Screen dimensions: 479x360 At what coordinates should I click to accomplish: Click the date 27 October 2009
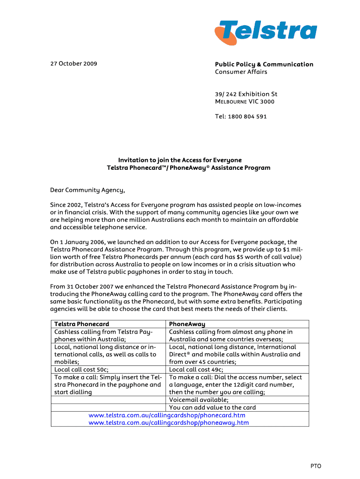click(x=73, y=64)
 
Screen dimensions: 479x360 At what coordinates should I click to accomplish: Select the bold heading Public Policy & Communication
click(x=264, y=64)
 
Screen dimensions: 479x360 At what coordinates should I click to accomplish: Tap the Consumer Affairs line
click(x=241, y=72)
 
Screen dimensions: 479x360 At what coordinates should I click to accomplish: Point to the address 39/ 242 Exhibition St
click(x=246, y=94)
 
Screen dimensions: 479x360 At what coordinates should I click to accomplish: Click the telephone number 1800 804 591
click(x=248, y=116)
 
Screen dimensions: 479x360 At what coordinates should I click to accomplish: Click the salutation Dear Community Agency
click(x=87, y=190)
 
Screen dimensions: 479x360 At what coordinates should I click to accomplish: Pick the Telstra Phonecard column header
click(x=82, y=324)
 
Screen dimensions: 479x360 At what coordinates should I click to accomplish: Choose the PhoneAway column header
click(x=187, y=324)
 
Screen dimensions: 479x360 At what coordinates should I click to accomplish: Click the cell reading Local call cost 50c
click(x=81, y=370)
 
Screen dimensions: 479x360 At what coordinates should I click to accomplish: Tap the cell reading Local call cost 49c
click(x=196, y=370)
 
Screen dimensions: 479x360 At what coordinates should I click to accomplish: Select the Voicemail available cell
click(x=199, y=400)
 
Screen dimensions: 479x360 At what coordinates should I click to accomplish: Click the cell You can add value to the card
click(x=212, y=407)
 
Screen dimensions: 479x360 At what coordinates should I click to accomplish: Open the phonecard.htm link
click(x=167, y=415)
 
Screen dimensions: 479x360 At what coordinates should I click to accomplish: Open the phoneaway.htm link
click(x=169, y=422)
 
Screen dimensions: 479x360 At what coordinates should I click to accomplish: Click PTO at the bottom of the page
click(x=316, y=466)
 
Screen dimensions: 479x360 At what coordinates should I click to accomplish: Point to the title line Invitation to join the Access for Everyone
click(x=180, y=160)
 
